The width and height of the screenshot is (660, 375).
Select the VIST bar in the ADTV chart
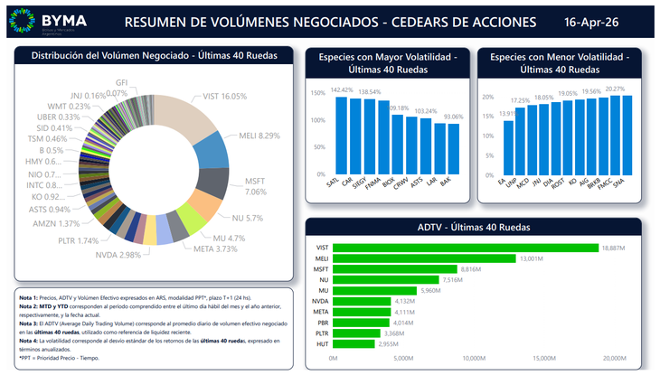point(466,248)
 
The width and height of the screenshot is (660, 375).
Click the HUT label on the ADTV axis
point(323,343)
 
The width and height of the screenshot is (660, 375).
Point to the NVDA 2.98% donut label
point(118,255)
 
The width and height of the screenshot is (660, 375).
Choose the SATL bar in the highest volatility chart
point(341,136)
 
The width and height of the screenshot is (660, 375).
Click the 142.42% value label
point(342,90)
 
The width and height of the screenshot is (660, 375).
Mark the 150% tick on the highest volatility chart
point(318,93)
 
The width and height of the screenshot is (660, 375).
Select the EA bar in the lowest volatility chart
point(509,147)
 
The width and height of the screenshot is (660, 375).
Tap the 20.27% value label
point(615,89)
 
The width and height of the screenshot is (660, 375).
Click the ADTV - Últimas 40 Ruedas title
point(473,227)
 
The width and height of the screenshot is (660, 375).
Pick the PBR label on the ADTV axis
point(323,322)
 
